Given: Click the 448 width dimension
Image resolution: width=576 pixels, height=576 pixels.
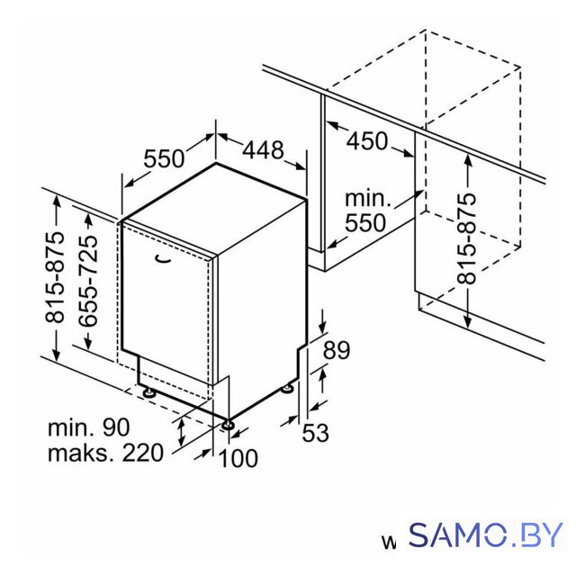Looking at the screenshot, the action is tap(264, 150).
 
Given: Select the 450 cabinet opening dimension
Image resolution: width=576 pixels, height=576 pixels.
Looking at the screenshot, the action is tap(367, 141).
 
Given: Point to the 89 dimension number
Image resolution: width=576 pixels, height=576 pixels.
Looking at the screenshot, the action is tap(336, 350).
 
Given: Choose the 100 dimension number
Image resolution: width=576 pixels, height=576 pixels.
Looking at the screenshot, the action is tap(238, 458).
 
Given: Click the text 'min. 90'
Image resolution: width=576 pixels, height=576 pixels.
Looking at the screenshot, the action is tap(89, 427).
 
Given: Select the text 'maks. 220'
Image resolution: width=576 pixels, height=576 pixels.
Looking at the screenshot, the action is tap(105, 453).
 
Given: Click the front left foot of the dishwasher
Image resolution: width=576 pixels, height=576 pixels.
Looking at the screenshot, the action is tap(149, 392).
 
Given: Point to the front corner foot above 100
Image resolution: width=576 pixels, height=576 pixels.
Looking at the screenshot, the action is tap(228, 424).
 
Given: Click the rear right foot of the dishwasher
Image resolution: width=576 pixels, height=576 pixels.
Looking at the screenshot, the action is tap(287, 389).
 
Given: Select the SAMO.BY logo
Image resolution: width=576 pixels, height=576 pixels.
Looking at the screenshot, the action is tap(486, 535).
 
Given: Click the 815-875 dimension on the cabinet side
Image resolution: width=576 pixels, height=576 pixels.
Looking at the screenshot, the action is tap(467, 238).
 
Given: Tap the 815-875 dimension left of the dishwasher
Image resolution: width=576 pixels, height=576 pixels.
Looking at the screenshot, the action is tap(55, 277).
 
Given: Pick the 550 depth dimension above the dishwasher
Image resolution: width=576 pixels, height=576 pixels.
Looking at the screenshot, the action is tap(164, 158).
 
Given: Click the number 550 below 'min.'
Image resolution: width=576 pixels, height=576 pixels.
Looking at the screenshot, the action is tap(366, 223).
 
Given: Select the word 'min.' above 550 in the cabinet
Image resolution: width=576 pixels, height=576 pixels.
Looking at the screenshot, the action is tap(368, 199).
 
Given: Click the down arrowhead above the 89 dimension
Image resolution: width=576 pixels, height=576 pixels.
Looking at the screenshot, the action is tap(323, 326).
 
